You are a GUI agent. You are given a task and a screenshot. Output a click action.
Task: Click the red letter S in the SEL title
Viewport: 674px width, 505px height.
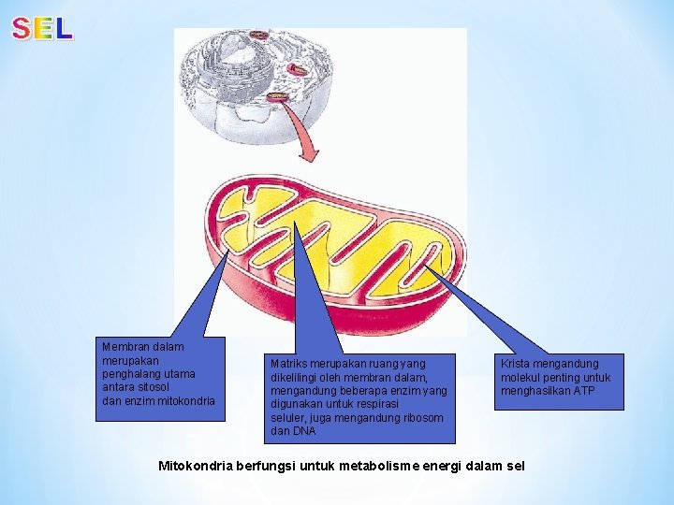[21, 29]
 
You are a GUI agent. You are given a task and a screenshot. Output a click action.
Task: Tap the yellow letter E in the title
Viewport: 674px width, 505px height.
[42, 29]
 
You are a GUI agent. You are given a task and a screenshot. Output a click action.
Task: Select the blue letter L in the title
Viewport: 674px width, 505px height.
[63, 29]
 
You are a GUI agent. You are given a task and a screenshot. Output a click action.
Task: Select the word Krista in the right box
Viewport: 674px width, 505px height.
[517, 363]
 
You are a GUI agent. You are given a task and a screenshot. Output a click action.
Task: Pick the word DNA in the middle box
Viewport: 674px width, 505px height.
[280, 432]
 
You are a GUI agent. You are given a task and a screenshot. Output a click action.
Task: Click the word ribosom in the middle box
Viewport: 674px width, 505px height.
[424, 418]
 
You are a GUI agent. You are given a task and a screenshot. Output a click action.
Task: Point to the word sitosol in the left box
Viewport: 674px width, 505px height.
[154, 387]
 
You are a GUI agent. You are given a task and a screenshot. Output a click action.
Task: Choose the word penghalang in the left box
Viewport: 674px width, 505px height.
[130, 374]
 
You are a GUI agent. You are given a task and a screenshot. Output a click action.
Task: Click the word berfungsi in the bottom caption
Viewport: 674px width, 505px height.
[266, 465]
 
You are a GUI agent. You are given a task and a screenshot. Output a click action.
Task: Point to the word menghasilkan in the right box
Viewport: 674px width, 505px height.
[535, 391]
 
